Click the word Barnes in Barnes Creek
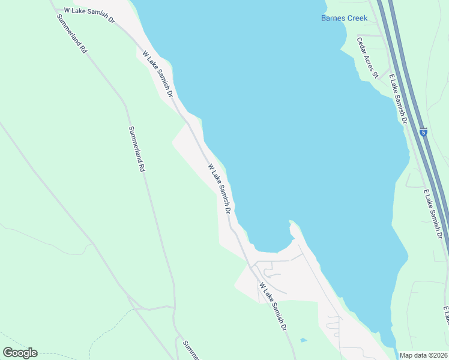[333, 18]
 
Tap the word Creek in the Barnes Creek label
[357, 18]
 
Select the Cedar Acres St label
[367, 58]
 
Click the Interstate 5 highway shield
[423, 132]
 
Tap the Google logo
[20, 353]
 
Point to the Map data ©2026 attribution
[423, 355]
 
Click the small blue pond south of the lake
[303, 341]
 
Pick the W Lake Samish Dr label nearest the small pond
[273, 308]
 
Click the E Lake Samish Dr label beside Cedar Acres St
[398, 100]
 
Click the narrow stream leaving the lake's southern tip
[396, 351]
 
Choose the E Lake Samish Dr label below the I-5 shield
[433, 214]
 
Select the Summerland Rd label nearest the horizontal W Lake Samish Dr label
[72, 34]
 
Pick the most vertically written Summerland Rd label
[137, 149]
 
